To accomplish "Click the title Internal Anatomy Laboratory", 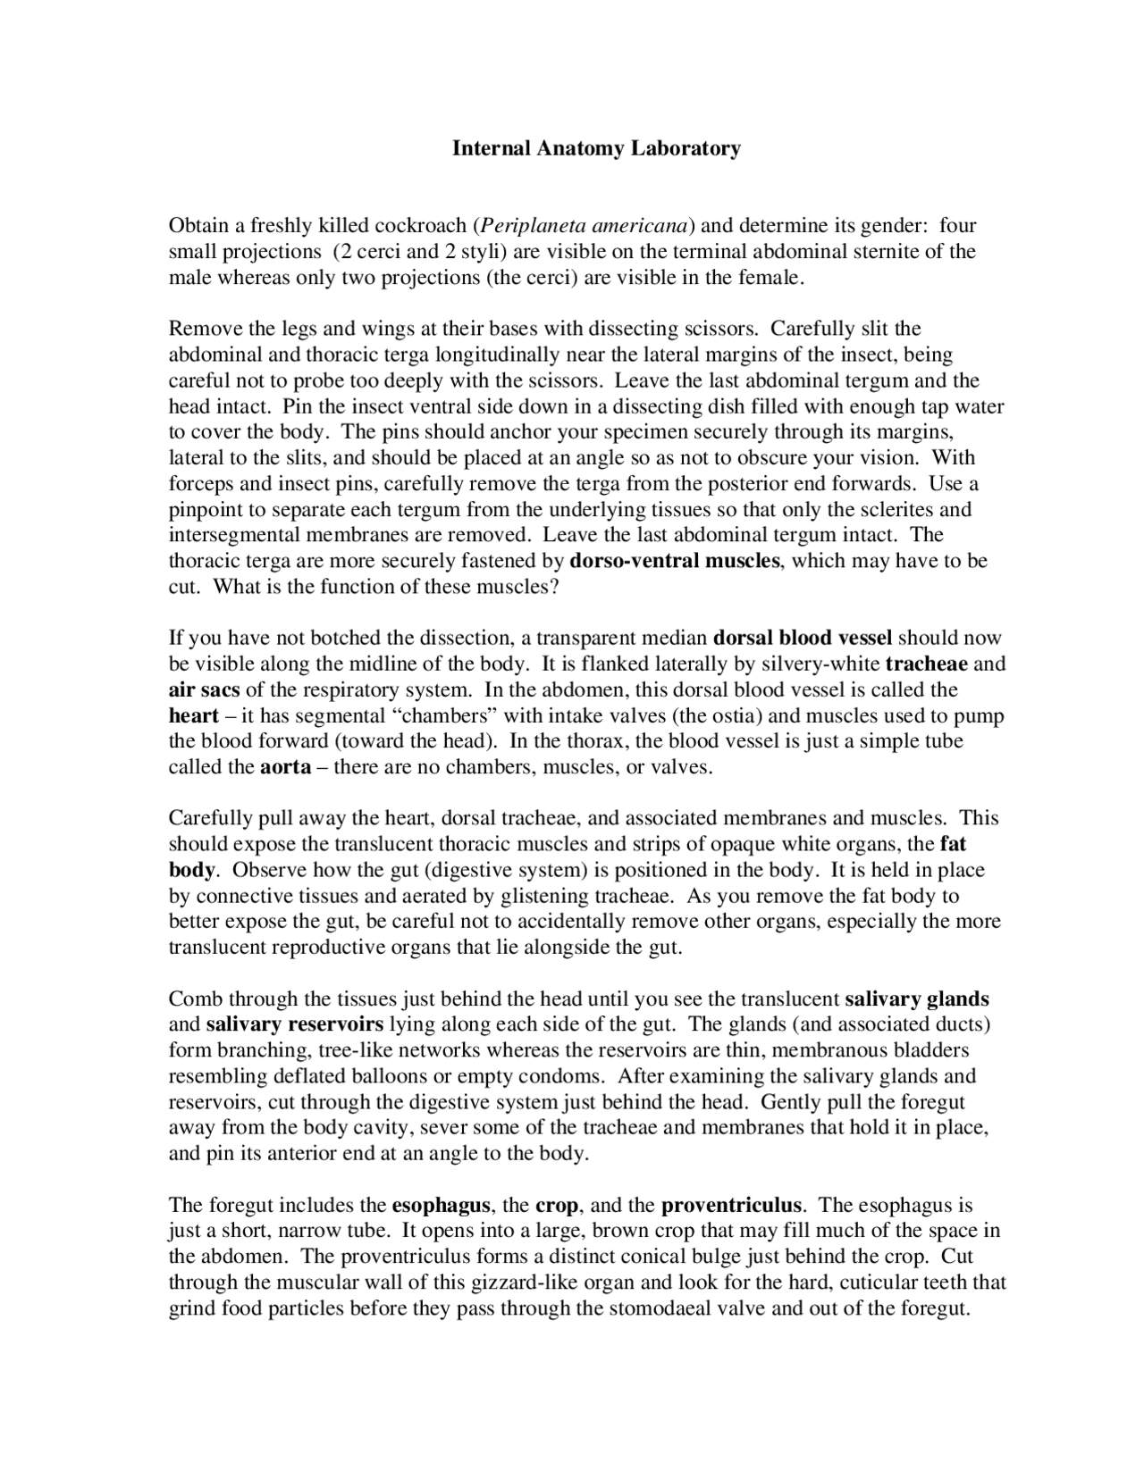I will pos(596,148).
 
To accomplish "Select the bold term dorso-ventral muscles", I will pos(675,561).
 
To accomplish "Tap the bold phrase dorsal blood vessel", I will pos(803,638).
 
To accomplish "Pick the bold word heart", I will pos(193,715).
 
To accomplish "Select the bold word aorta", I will pos(285,766).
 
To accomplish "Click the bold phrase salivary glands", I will pos(916,999).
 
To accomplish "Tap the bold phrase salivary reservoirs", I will pos(294,1024).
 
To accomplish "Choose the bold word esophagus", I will pos(440,1205).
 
